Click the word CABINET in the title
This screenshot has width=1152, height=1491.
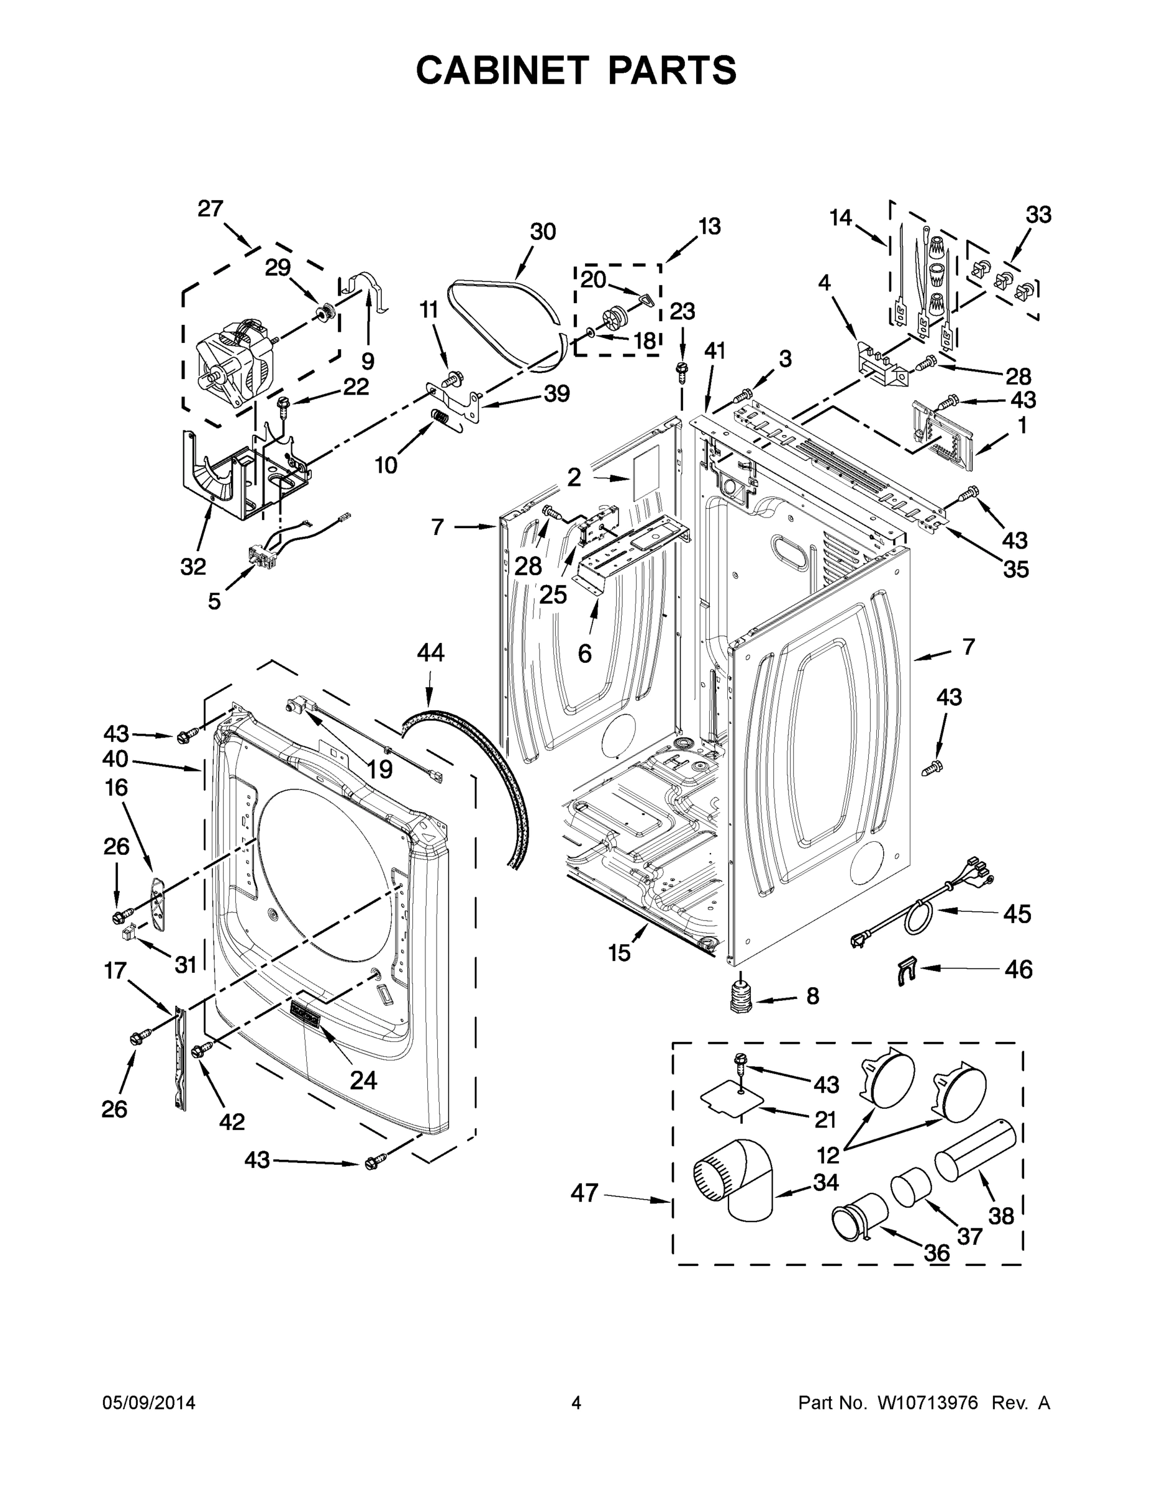[x=502, y=70]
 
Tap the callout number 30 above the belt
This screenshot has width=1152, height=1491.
[x=543, y=232]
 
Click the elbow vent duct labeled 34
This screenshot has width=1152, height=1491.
[x=733, y=1181]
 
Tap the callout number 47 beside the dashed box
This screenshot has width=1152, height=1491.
[x=584, y=1193]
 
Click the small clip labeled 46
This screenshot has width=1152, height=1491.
[x=905, y=969]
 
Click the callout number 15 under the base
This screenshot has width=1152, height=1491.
[x=619, y=953]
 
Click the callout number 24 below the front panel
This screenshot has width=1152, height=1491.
[x=363, y=1079]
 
